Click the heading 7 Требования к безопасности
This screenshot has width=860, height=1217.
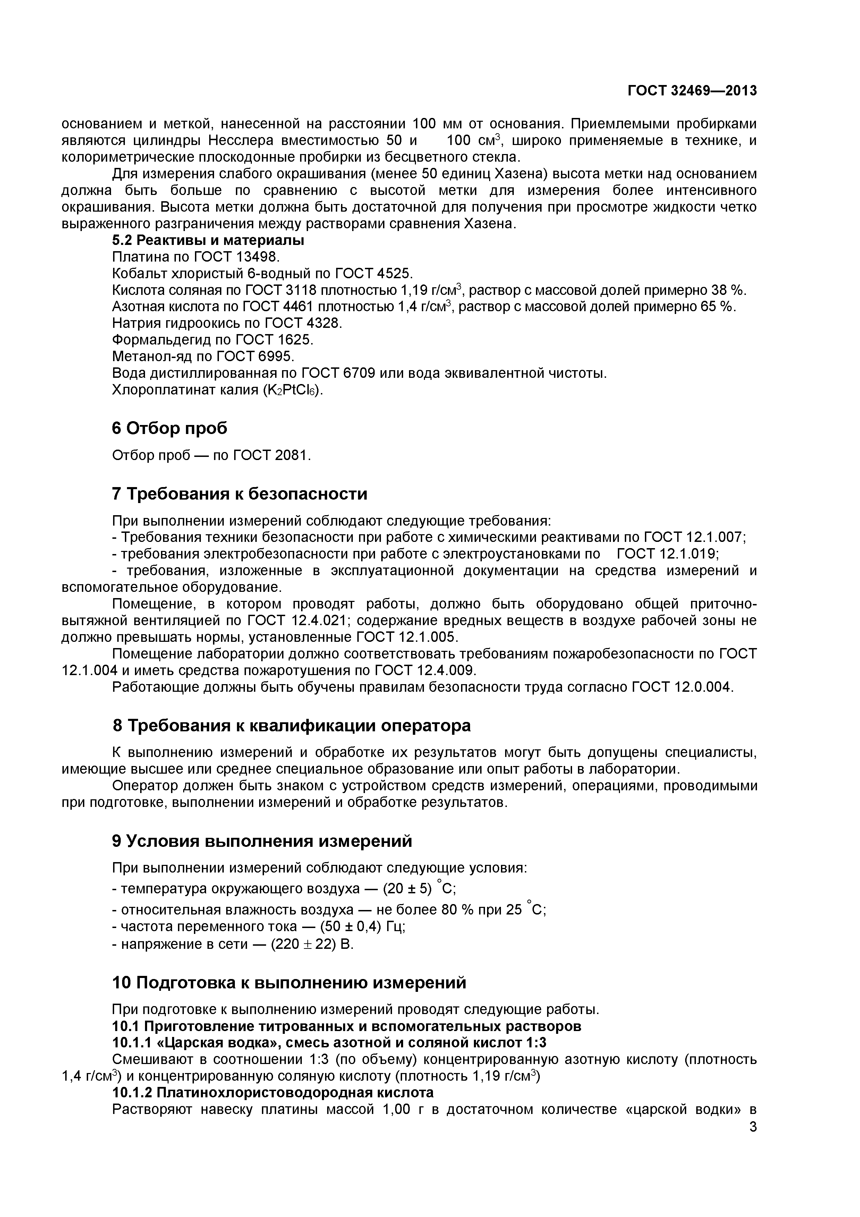pyautogui.click(x=239, y=493)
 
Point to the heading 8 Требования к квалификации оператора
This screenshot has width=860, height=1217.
pyautogui.click(x=291, y=725)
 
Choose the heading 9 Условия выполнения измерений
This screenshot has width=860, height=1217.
pyautogui.click(x=262, y=841)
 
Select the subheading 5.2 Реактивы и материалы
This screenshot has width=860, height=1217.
pyautogui.click(x=208, y=240)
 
